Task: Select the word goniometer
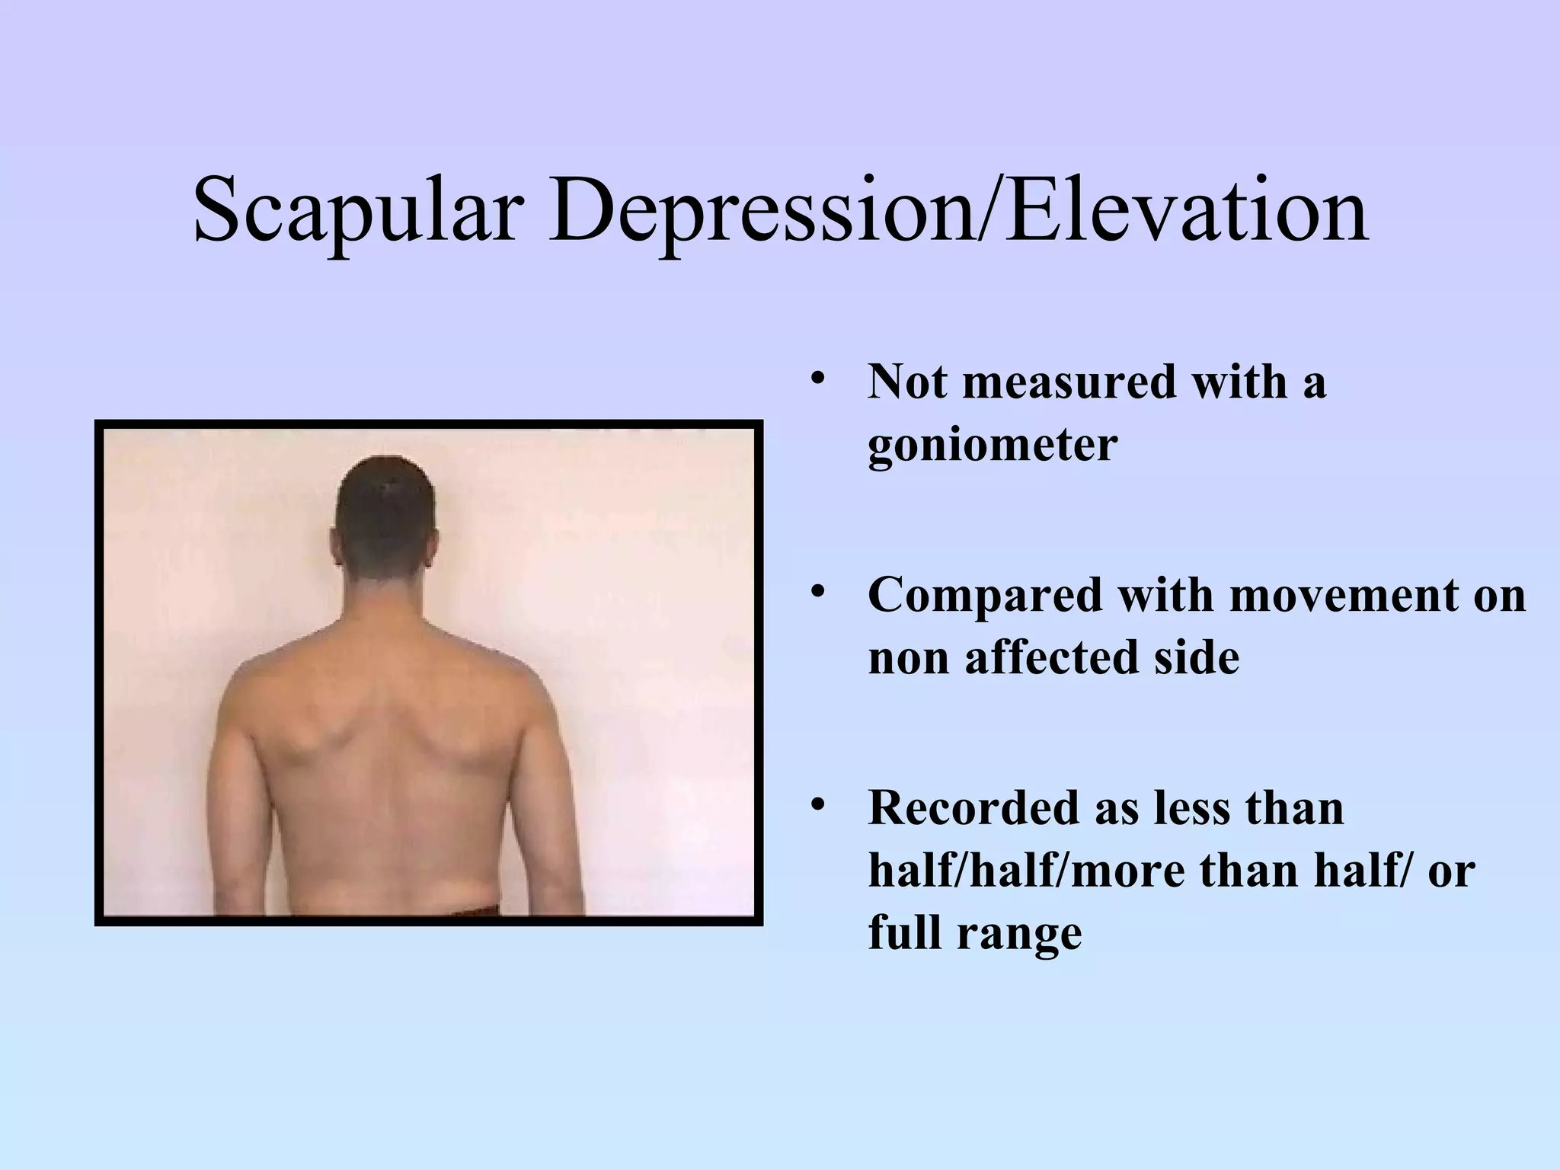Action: click(x=993, y=445)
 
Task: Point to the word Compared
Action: click(x=985, y=595)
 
